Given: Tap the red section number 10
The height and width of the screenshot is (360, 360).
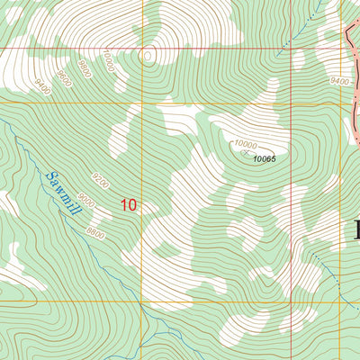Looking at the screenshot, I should tap(129, 205).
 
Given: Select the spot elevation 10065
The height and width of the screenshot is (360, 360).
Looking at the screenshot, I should tap(264, 158).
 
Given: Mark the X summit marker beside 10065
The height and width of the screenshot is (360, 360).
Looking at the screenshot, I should tap(244, 153).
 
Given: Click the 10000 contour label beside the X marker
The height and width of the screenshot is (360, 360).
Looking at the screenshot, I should tap(245, 143).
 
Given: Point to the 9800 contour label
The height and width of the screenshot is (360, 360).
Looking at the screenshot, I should tap(84, 67).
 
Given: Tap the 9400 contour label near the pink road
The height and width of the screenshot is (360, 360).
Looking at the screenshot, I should tap(339, 81).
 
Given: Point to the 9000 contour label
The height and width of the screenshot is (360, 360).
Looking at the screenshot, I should tap(86, 201).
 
